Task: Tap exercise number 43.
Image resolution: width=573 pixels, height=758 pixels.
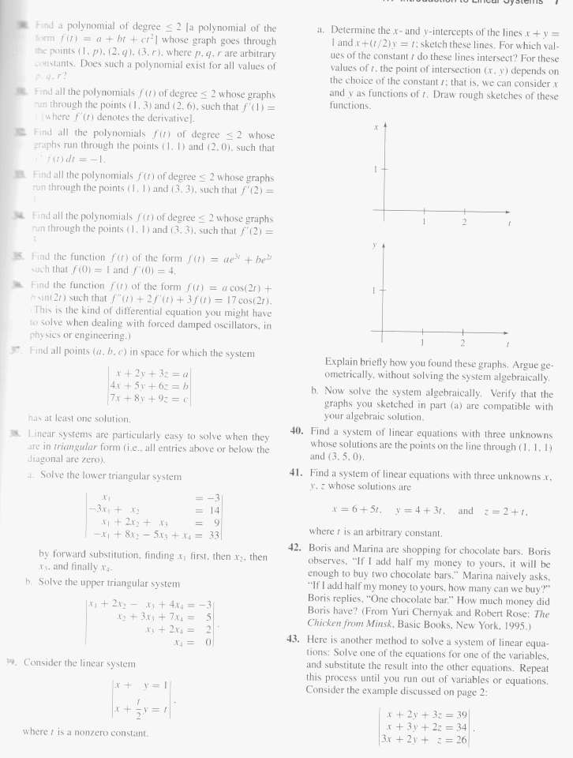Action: tap(294, 638)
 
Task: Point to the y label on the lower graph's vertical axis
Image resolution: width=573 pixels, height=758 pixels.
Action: tap(379, 245)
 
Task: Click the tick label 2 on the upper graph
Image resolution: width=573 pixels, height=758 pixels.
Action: tap(465, 223)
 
